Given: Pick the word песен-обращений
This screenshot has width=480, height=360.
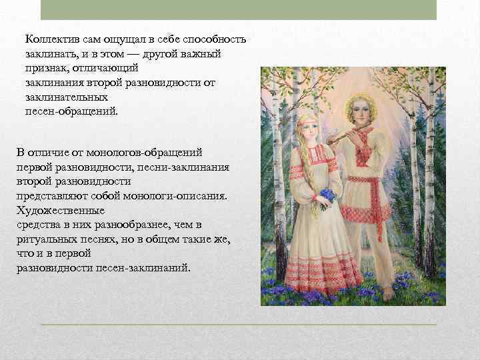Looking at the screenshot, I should tap(71, 111).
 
